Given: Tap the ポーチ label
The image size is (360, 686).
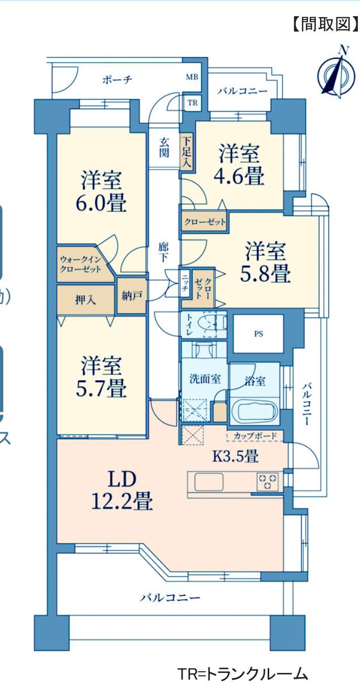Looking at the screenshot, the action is point(118,80).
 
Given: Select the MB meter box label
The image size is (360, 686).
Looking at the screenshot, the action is point(192,77).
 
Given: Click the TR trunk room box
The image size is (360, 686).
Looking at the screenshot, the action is point(193,103).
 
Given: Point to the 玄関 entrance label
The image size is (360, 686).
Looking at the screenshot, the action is point(164,147).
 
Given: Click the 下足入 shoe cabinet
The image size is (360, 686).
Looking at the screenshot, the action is point(186,152).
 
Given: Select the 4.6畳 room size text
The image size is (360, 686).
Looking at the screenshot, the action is point(239,176).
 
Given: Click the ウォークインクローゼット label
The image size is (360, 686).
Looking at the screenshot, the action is point(81,264).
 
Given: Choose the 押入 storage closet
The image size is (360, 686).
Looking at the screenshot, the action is point(86,299).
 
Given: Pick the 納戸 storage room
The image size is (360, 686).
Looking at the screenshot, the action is point(132,296).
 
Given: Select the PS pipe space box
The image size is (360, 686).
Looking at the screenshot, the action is point(258,334).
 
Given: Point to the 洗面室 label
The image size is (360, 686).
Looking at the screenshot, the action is point(205,379).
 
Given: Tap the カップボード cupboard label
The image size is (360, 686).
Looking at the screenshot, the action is point(255,436).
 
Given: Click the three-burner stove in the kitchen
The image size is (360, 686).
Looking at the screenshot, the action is point(268,482).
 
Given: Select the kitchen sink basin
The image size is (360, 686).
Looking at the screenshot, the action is point(209,482).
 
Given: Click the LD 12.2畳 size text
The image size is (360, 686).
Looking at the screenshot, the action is point(122,490).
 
